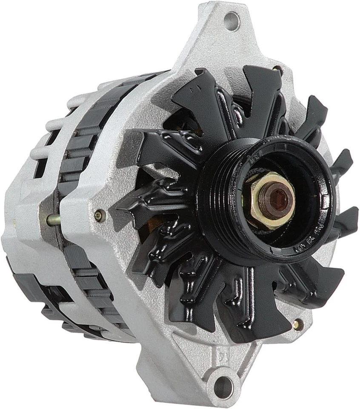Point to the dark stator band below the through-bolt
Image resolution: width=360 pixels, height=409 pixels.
tap(85, 273)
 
